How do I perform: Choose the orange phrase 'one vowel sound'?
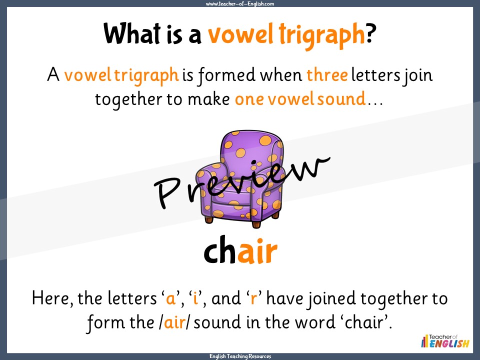tap(299, 98)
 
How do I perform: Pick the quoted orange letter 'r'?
tap(253, 299)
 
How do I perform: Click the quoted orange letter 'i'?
tap(195, 298)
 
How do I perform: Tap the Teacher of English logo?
tap(445, 341)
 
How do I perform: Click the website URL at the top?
tap(240, 4)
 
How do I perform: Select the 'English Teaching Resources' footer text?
tap(240, 356)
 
